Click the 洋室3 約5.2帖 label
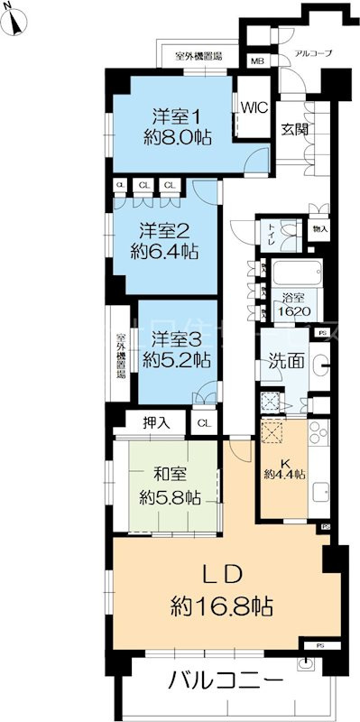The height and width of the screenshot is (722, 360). pyautogui.click(x=179, y=348)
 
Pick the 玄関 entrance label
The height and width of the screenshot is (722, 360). pyautogui.click(x=294, y=128)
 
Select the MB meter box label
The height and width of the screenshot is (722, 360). pyautogui.click(x=257, y=60)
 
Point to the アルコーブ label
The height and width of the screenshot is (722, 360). pyautogui.click(x=313, y=54)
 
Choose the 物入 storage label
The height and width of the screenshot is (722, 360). pyautogui.click(x=320, y=229)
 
